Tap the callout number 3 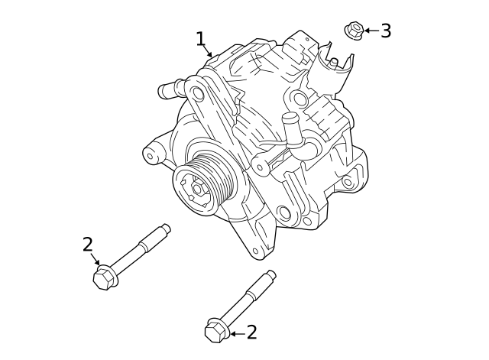click(386, 31)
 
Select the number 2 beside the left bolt click(88, 245)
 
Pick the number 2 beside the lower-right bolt click(251, 332)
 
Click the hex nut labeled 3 click(353, 31)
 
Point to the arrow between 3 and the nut click(371, 31)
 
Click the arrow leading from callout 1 click(208, 52)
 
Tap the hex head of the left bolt click(103, 278)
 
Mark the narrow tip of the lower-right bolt click(270, 275)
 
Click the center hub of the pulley click(197, 187)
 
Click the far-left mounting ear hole click(151, 157)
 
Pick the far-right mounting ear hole click(348, 183)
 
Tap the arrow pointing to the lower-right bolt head click(235, 333)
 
